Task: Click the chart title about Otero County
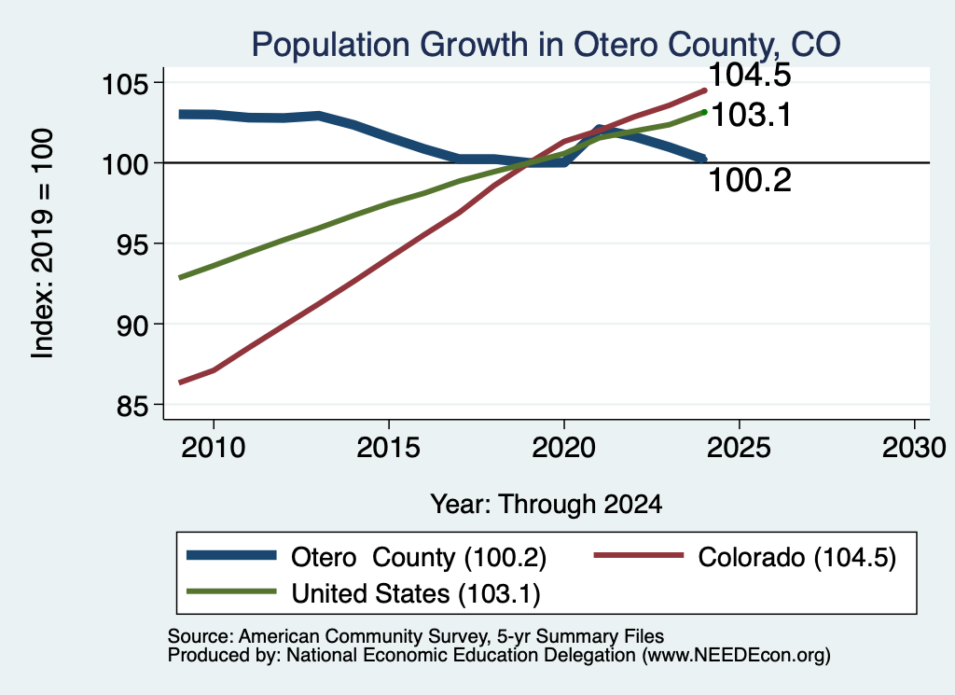546,45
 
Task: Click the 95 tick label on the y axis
132,243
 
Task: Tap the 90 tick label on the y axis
132,325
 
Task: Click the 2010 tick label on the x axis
214,448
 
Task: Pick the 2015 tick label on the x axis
389,448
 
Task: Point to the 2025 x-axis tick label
739,448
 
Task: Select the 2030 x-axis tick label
914,448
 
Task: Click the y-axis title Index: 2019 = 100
43,243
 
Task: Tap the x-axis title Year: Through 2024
547,505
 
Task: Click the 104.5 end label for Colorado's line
750,75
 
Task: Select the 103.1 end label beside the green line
751,115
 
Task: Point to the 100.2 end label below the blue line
750,180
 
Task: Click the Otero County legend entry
367,557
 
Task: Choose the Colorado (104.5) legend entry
745,557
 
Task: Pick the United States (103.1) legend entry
364,593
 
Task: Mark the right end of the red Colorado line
705,90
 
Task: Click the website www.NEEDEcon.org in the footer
736,656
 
